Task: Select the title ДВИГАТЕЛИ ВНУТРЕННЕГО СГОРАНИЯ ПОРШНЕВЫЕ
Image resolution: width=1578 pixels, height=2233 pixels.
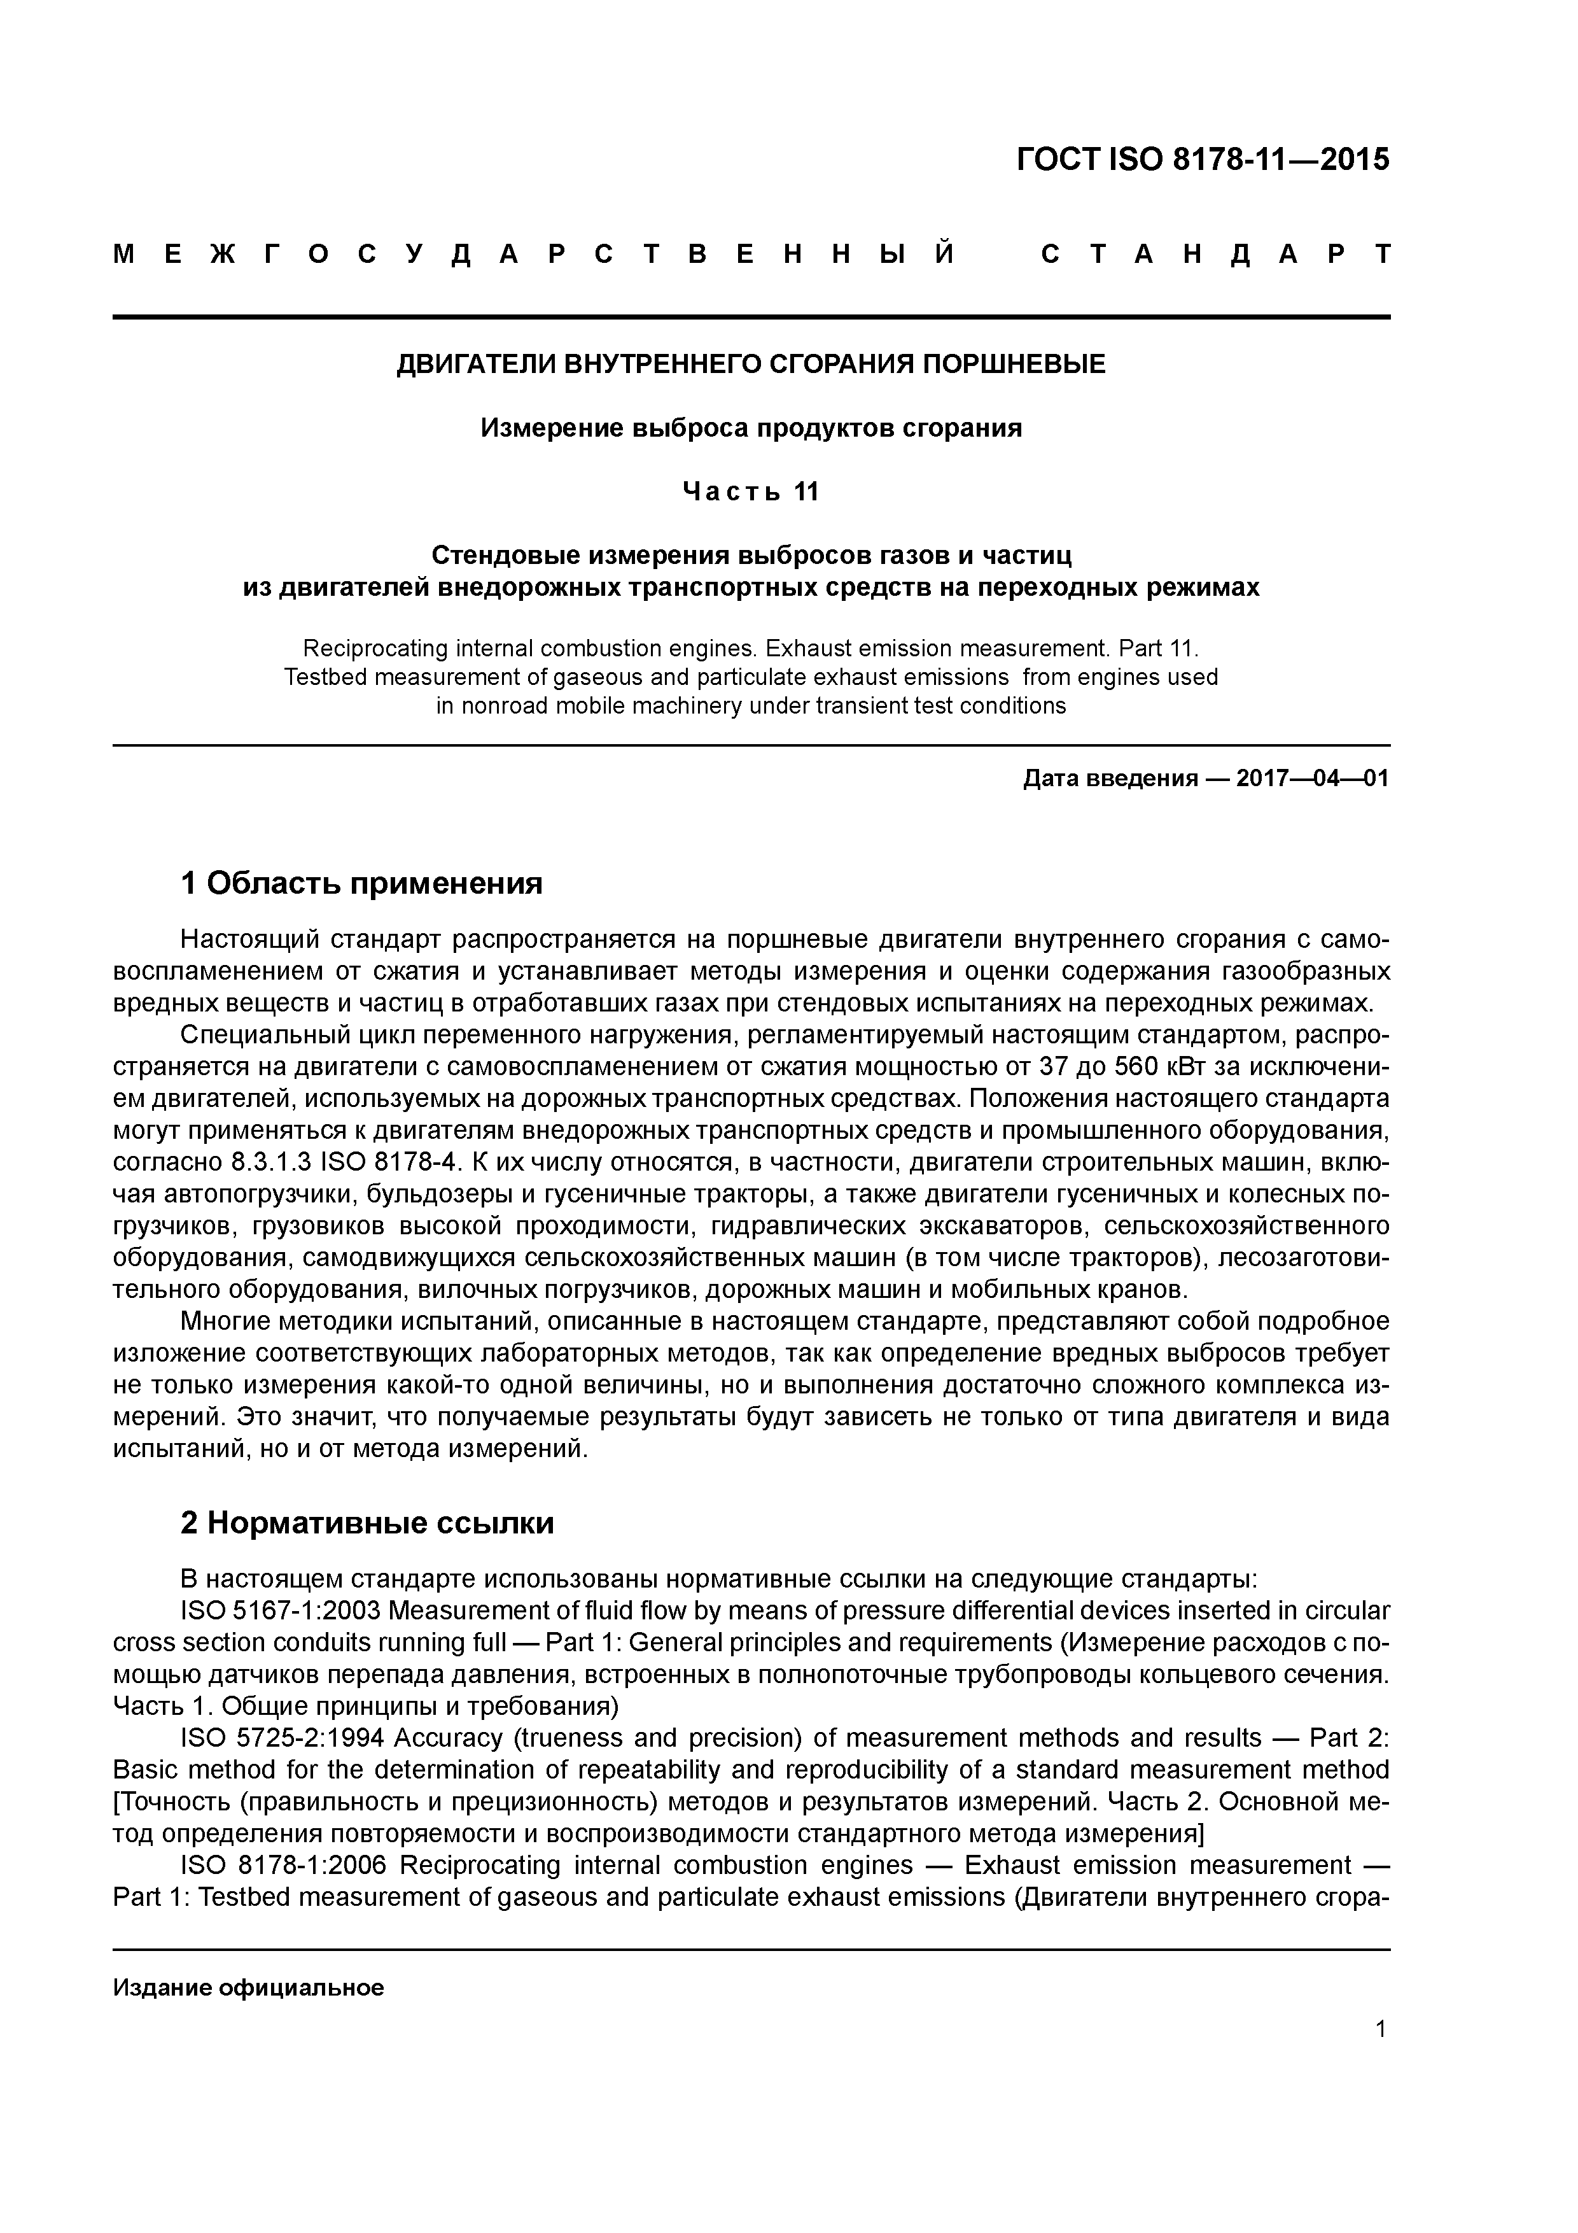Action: [751, 365]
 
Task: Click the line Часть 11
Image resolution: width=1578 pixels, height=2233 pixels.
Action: [751, 492]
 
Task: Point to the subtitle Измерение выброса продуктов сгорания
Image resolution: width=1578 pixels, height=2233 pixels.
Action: [751, 428]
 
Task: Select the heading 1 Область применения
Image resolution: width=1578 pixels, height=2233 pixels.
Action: [361, 883]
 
